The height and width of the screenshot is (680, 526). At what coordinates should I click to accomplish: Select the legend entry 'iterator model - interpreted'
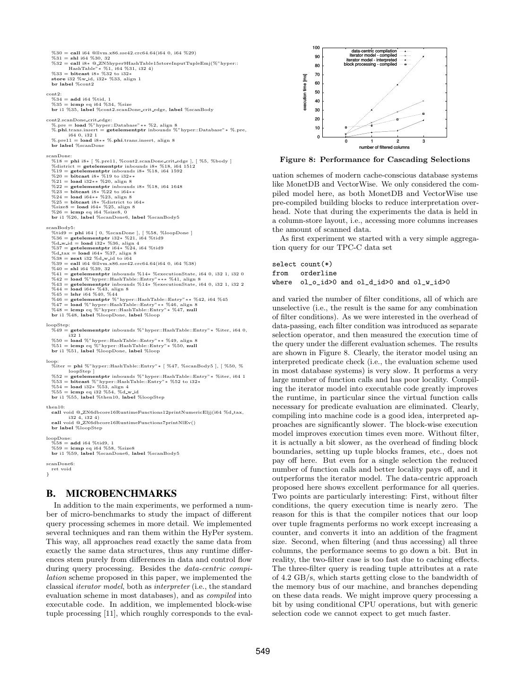[x=371, y=60]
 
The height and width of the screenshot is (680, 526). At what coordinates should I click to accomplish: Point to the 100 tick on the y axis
[x=316, y=48]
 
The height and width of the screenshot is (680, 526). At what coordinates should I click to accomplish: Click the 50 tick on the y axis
[x=317, y=92]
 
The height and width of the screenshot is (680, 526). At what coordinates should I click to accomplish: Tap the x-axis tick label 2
[x=397, y=141]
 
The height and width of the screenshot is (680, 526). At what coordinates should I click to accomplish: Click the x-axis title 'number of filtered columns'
[x=385, y=147]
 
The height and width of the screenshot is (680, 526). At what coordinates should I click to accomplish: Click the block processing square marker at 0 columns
[x=346, y=127]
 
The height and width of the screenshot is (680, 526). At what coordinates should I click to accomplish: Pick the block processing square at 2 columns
[x=397, y=119]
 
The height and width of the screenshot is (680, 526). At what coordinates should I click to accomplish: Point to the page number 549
[x=263, y=652]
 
